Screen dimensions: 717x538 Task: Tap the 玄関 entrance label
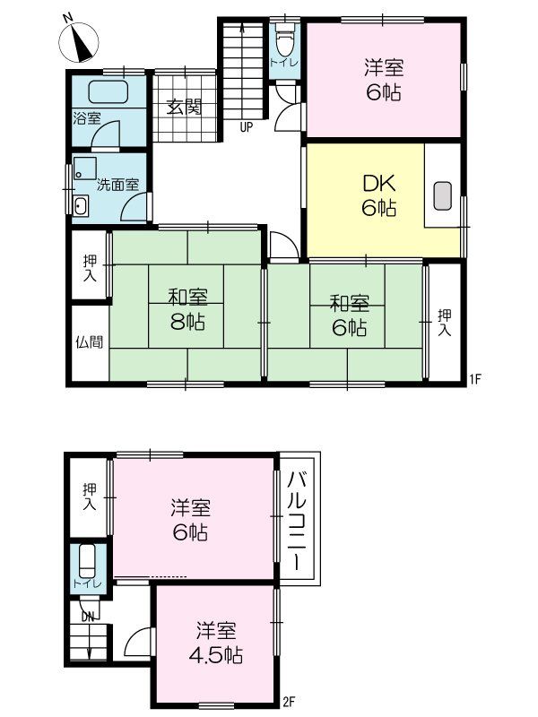184,107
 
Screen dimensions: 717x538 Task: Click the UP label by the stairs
246,127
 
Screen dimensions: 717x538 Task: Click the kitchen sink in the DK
443,196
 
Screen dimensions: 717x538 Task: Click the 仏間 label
89,341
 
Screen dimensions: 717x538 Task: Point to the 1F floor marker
475,378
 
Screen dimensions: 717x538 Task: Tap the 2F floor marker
289,701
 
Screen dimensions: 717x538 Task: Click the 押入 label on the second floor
89,498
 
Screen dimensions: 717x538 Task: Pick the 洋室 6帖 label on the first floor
382,79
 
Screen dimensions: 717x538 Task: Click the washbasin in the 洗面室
80,206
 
